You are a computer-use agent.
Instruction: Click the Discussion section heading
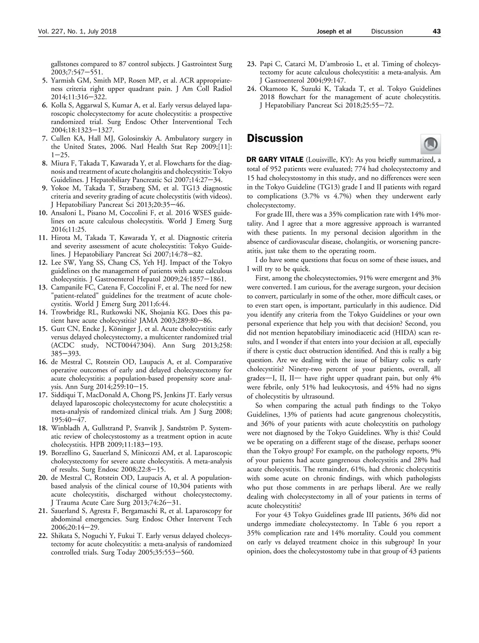coord(275,139)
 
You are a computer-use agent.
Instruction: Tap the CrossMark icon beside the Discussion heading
coord(431,144)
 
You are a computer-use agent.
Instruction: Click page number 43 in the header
coord(436,31)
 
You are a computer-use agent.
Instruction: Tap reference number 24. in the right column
coord(252,89)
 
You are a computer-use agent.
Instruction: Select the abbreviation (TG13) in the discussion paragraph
coord(338,187)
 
